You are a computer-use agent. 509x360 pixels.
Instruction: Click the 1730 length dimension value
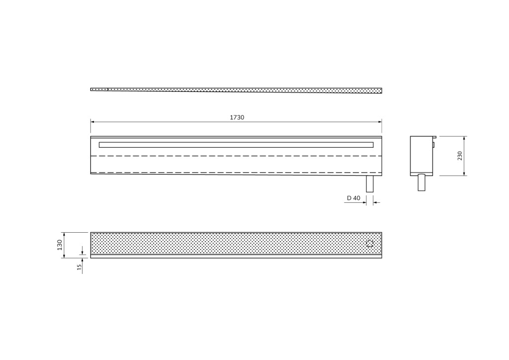[x=237, y=117]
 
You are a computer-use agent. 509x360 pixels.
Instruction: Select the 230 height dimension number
[x=460, y=156]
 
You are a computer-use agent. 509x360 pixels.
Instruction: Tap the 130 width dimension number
[x=60, y=245]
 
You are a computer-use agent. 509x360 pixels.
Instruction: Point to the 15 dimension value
[x=79, y=267]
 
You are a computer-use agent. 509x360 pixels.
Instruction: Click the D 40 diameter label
[x=353, y=198]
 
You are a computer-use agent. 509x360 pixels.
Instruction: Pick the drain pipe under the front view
[x=370, y=184]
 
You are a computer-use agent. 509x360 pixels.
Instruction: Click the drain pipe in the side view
[x=422, y=182]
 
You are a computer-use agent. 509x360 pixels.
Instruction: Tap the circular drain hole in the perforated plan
[x=370, y=244]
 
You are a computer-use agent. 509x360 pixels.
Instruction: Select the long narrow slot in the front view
[x=236, y=145]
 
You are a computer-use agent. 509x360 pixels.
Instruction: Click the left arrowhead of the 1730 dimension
[x=92, y=122]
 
